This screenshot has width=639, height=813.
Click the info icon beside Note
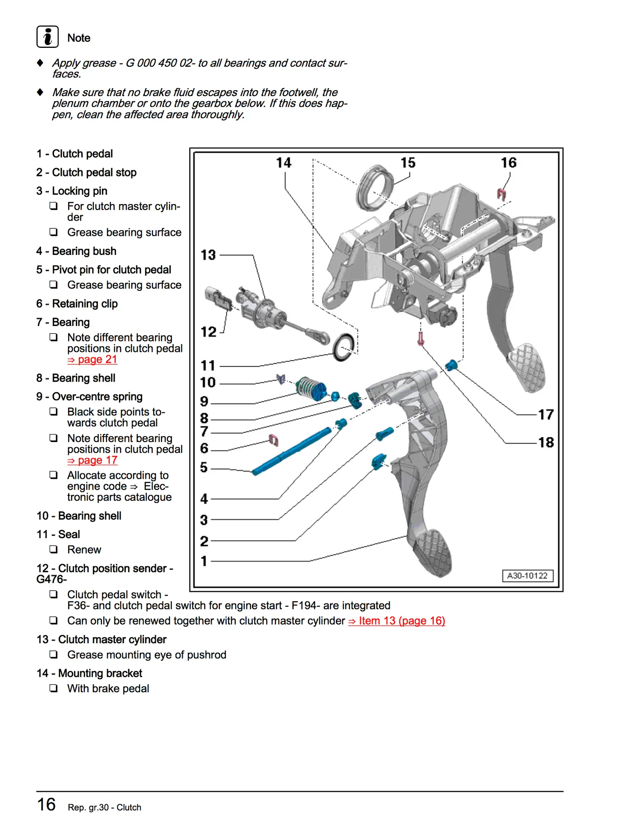click(47, 37)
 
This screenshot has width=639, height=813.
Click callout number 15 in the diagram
click(408, 163)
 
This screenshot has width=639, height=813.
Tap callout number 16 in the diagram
click(509, 163)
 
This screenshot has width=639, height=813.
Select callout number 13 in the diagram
click(208, 255)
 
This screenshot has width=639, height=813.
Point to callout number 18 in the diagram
click(546, 442)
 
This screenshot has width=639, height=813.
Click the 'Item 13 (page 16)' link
click(397, 621)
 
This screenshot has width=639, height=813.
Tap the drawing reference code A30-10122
click(527, 576)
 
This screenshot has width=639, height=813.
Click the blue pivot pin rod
click(292, 451)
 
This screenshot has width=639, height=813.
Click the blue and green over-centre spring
click(311, 388)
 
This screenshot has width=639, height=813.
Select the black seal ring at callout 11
click(343, 347)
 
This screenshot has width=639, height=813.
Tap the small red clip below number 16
click(502, 194)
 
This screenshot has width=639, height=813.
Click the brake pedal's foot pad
click(527, 366)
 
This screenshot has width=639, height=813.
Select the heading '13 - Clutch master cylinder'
click(102, 639)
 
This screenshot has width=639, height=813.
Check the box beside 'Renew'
click(54, 550)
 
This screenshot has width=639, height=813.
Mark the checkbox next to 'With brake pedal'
click(54, 689)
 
